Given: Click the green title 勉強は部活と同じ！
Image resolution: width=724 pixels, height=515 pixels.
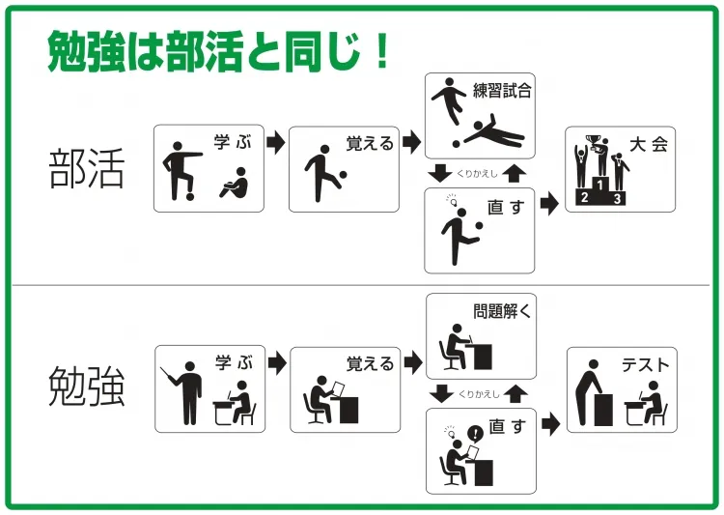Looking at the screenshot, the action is (x=218, y=51).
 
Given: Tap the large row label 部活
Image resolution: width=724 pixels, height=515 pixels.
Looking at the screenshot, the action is (x=87, y=168).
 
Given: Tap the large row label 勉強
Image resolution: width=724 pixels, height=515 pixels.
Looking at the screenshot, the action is (x=87, y=386).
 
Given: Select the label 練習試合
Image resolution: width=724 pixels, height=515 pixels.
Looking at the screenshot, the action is (x=502, y=90).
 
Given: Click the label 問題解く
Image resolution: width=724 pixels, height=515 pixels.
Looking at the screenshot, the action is (x=502, y=311).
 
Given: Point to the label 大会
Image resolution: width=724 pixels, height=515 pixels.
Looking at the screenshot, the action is (x=649, y=145).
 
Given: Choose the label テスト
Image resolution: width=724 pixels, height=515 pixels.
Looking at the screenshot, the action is (x=645, y=365).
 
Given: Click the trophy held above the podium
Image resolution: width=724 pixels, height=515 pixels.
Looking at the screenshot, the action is (x=593, y=140).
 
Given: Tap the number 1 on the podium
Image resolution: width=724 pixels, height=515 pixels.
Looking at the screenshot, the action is (x=599, y=185).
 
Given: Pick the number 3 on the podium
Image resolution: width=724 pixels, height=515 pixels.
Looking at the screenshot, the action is (x=618, y=199).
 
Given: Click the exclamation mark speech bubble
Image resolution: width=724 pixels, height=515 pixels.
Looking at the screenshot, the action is (x=475, y=434).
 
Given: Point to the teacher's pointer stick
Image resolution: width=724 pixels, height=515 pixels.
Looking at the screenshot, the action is (x=168, y=376).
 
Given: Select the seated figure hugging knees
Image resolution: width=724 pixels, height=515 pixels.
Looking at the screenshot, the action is (x=235, y=183).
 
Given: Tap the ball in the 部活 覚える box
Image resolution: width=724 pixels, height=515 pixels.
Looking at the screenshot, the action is (x=343, y=175).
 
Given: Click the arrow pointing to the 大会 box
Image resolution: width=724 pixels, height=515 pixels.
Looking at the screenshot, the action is (x=549, y=203).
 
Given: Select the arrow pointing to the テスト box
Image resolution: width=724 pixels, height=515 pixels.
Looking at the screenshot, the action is (x=551, y=423).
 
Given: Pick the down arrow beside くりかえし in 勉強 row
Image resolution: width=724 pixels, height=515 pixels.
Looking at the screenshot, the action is (x=441, y=394).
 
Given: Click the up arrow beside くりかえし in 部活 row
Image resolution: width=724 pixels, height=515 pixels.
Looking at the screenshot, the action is (x=514, y=173).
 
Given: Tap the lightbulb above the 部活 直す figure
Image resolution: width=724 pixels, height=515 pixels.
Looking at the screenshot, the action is (x=453, y=201).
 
